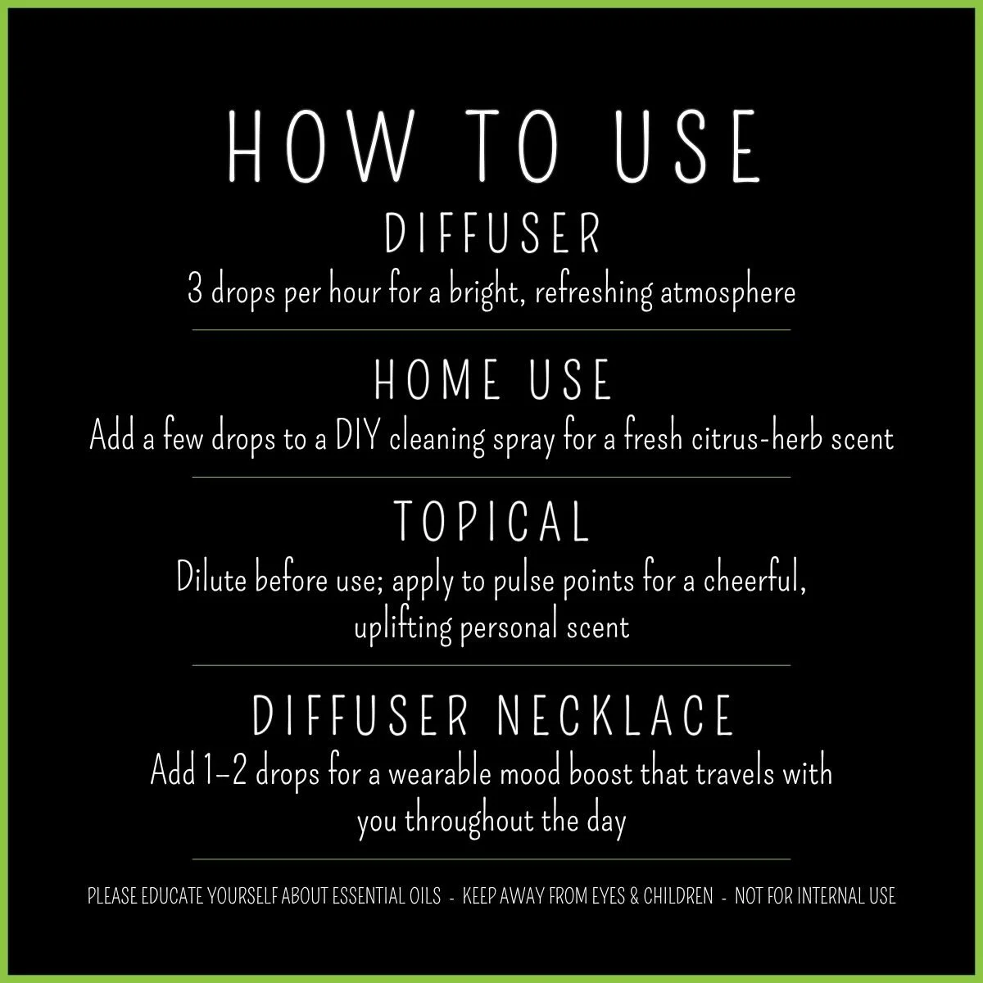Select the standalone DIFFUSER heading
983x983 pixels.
tap(492, 234)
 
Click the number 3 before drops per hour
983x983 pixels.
tap(195, 292)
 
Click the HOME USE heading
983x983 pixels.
tap(492, 381)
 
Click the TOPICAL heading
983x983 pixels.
tap(492, 522)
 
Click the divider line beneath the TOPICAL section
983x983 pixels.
tap(491, 666)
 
